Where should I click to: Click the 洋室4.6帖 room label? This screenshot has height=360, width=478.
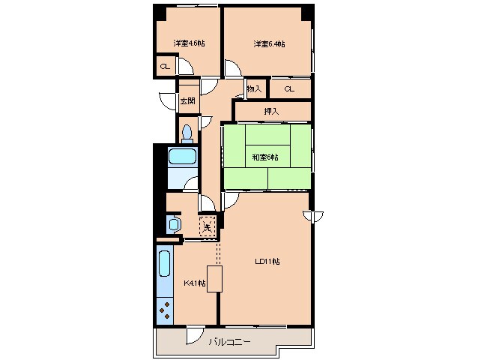point(189,43)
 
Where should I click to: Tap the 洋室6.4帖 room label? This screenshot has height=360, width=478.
point(269,44)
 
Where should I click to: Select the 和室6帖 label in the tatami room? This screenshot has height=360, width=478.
point(265,157)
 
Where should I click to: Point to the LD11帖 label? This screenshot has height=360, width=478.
point(267,262)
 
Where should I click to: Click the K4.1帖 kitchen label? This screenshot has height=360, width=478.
point(194,283)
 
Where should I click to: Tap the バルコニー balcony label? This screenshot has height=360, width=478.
point(229,342)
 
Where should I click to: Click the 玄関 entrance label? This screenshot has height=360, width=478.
point(187,100)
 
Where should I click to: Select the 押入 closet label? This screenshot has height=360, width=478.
point(271,111)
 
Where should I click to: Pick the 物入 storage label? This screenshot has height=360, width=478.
point(254,89)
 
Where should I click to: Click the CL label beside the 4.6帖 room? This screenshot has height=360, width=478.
point(166,66)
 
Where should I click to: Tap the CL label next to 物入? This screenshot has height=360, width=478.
point(289,89)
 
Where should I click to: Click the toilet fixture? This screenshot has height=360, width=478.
point(187,134)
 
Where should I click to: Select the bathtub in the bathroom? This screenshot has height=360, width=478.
point(182,157)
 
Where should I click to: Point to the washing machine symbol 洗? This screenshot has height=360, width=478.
point(208,227)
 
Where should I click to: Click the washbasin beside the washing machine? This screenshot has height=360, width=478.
point(174,224)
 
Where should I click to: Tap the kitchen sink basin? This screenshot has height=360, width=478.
point(165,263)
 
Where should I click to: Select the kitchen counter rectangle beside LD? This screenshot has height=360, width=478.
point(214,279)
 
